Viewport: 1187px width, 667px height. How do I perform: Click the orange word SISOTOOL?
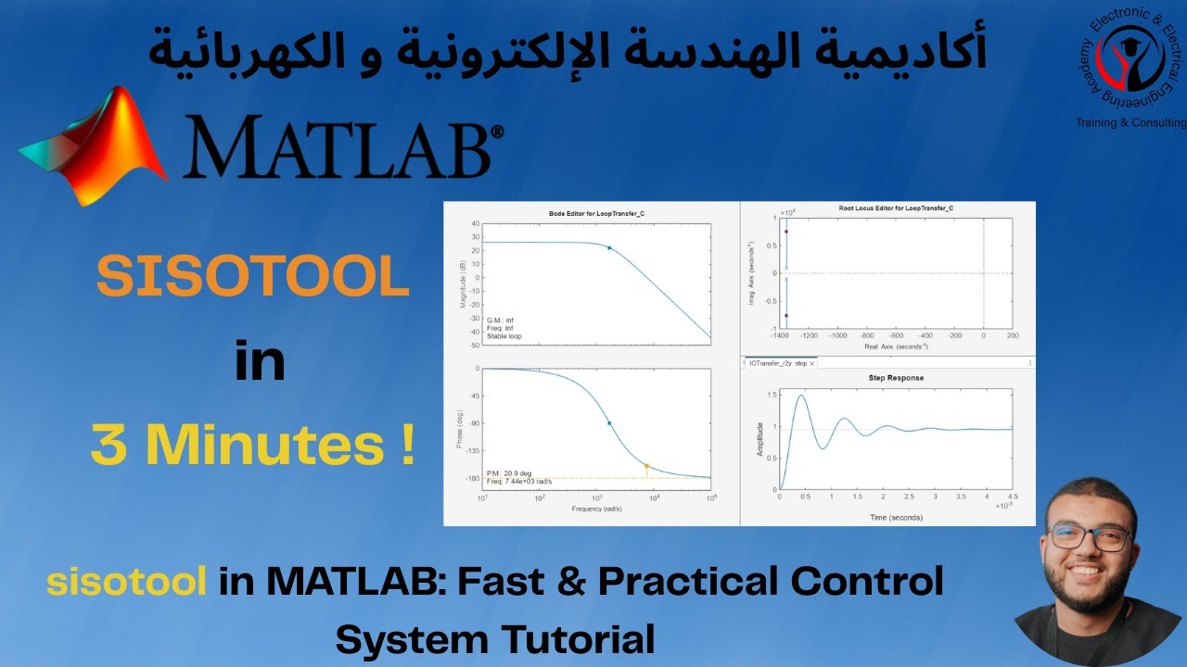[253, 277]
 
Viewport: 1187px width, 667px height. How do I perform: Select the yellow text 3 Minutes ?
[252, 446]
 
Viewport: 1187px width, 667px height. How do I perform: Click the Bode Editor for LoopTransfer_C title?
[596, 213]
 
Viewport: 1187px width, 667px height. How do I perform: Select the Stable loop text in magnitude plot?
[504, 336]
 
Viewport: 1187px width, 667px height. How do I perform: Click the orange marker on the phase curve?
[646, 466]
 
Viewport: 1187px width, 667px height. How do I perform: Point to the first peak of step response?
[799, 396]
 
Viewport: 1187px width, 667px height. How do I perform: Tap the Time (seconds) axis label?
[896, 516]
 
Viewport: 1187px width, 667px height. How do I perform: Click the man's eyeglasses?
[1091, 537]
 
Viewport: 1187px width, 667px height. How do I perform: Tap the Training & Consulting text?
[1130, 122]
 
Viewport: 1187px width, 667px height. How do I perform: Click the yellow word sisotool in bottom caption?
[126, 582]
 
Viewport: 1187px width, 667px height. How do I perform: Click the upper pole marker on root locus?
[786, 232]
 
